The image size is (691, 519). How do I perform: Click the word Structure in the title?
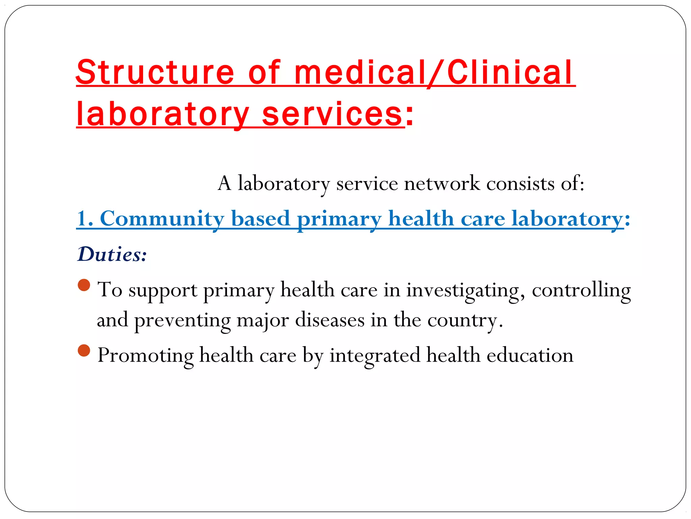(x=155, y=72)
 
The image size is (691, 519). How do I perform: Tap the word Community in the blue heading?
(x=162, y=219)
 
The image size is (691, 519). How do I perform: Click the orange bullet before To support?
(x=84, y=285)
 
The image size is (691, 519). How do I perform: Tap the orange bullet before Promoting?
(x=84, y=350)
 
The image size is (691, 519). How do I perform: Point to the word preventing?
(x=183, y=320)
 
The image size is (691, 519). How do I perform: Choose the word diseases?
(x=330, y=320)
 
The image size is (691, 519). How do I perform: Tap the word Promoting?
(x=145, y=356)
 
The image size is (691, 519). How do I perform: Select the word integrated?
(x=375, y=356)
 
